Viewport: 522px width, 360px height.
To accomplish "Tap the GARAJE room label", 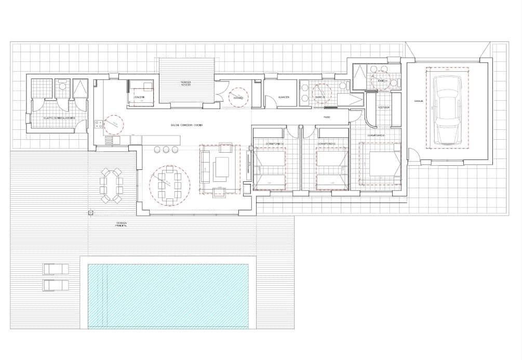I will point(419,101).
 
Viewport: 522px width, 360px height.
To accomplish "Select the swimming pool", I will point(168,295).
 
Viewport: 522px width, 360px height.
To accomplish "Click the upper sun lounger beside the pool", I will point(56,269).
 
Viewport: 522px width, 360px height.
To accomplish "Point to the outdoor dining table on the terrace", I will point(112,184).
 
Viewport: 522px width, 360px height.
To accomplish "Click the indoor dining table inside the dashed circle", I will point(170,185).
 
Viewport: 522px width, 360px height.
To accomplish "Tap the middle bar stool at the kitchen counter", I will point(166,150).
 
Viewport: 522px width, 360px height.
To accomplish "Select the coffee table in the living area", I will point(224,167).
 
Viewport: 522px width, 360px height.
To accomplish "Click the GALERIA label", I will point(139,98).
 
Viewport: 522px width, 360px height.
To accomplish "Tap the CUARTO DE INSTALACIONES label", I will point(59,118).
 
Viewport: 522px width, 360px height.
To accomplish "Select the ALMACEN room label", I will point(284,97).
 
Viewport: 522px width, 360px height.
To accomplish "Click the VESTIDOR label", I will point(384,107).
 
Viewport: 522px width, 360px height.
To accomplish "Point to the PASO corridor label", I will point(327,117).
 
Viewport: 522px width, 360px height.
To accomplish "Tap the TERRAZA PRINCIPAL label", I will point(122,224).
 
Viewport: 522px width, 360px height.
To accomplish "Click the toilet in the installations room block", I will point(63,87).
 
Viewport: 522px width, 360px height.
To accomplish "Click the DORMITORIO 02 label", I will point(325,143).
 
